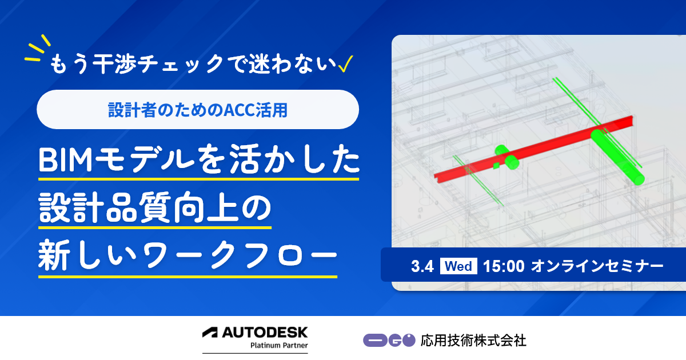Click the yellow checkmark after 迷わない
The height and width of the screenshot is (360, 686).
345,63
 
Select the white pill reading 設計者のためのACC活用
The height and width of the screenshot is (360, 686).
198,109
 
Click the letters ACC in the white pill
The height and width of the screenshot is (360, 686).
240,110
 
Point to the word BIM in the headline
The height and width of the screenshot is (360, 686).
65,160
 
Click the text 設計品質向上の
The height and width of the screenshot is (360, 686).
155,208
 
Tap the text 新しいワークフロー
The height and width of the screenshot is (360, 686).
188,255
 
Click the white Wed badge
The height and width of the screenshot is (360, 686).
458,266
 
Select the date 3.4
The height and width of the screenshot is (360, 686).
422,266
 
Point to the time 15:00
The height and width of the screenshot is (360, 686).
504,266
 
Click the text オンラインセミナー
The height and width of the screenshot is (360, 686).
597,266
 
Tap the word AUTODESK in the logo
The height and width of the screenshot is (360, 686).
265,333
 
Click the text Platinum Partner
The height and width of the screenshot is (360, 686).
279,345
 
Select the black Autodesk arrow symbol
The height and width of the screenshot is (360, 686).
210,333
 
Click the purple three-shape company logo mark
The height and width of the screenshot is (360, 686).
389,341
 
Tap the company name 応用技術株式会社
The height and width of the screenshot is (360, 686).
473,341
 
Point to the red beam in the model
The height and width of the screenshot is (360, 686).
533,149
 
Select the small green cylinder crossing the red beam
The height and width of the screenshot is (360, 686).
507,157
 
